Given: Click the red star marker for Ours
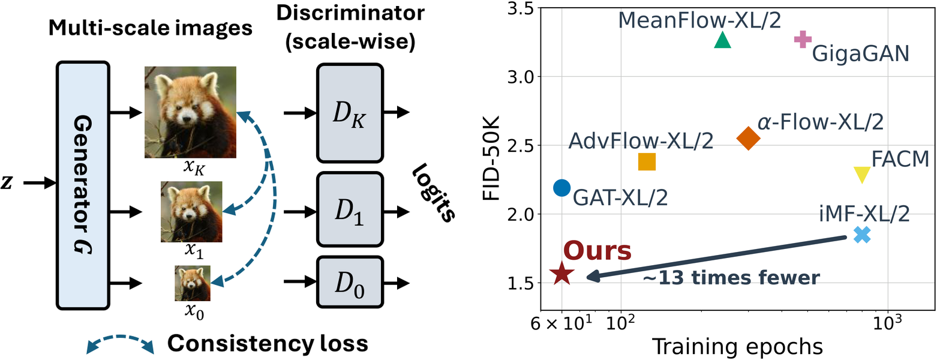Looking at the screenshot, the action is (x=562, y=274).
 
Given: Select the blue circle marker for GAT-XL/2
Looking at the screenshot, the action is (x=562, y=188).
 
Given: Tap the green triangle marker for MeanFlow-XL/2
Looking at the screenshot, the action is (x=722, y=40).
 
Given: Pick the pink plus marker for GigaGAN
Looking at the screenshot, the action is (x=803, y=40).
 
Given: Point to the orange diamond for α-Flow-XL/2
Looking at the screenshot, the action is (x=749, y=138).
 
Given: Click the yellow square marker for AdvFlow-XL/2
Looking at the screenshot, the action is (x=647, y=162).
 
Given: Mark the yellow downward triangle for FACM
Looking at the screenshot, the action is (x=861, y=175).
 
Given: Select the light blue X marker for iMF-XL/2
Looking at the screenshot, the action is (x=862, y=235).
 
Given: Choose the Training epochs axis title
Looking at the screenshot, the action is (x=737, y=347).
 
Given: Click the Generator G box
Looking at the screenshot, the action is (x=83, y=185).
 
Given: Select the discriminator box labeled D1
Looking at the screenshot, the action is (x=350, y=209).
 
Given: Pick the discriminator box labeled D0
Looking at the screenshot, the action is (x=350, y=282).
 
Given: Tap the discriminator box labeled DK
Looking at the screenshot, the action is (x=350, y=113).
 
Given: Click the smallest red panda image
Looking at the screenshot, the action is (x=193, y=283).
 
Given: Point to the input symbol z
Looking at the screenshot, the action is (x=6, y=182).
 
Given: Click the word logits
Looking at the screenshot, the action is (x=434, y=192).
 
